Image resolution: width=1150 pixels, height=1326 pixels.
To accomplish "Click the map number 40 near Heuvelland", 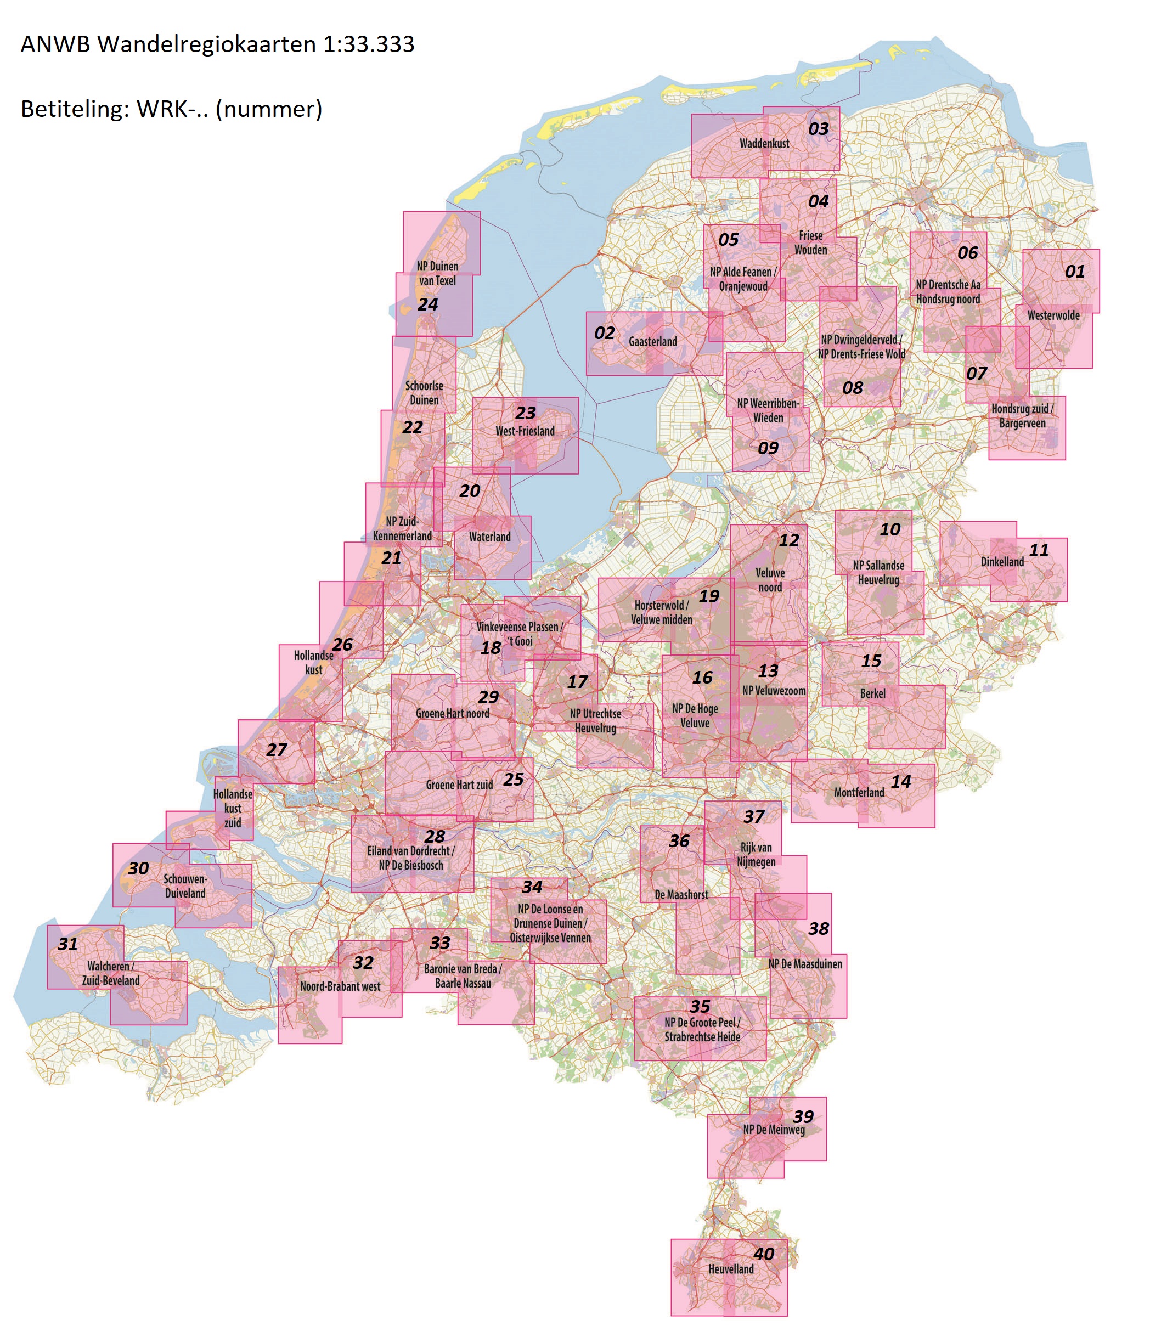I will (x=764, y=1254).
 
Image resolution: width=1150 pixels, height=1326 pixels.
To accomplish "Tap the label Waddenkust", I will (x=764, y=144).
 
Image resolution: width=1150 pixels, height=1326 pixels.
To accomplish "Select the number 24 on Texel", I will (x=428, y=304).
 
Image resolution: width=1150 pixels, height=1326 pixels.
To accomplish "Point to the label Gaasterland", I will (x=653, y=342).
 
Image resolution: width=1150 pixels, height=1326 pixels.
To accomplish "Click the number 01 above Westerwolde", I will (x=1075, y=272).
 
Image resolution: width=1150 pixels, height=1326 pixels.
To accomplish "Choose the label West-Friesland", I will (x=525, y=431).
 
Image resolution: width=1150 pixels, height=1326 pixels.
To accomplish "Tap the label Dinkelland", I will (x=1002, y=562).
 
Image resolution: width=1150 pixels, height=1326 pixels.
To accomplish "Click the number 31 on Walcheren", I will (x=68, y=944).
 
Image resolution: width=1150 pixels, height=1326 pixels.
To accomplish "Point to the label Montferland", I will (x=859, y=793).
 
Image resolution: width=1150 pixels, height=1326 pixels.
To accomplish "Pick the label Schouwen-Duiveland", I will (x=185, y=886).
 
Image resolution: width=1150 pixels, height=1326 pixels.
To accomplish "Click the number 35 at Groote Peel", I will (x=700, y=1007).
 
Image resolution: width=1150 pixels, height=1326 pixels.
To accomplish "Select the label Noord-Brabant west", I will (x=340, y=986).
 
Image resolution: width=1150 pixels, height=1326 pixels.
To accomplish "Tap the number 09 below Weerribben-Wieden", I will (x=768, y=448).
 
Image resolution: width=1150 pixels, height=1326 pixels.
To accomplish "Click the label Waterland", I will (x=489, y=537).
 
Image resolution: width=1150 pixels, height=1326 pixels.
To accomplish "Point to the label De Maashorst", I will (x=681, y=895).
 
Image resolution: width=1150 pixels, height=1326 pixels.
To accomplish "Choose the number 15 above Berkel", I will (x=871, y=661).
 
